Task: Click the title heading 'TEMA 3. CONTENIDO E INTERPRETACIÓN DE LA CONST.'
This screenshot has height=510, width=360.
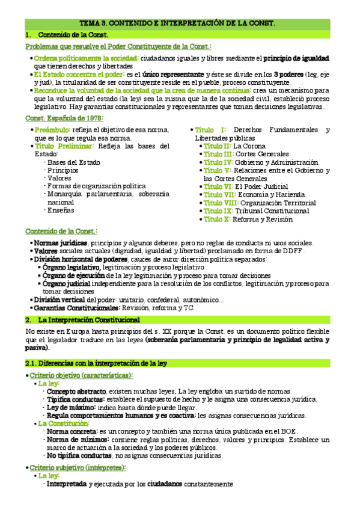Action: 180,23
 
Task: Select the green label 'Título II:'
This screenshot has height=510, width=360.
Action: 217,146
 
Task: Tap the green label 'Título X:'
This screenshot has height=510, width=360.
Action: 216,220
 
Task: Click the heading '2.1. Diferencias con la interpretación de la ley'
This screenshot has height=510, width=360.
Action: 96,363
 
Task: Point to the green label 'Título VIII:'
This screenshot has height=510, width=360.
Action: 221,203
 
